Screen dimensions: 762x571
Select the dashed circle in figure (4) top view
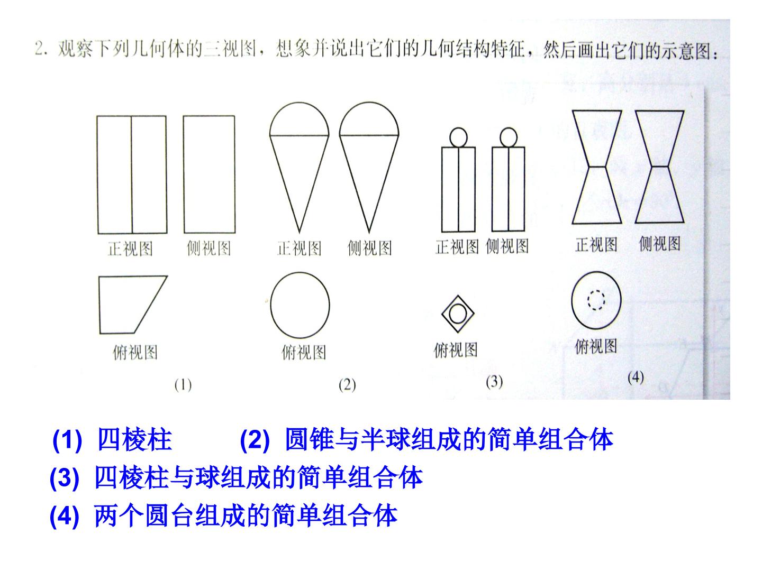[588, 300]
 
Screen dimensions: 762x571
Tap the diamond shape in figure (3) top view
[442, 314]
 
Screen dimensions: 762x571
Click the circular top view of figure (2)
[271, 305]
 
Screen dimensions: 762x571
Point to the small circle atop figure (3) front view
[450, 137]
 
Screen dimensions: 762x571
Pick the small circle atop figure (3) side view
[500, 137]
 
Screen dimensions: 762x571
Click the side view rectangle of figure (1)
[184, 174]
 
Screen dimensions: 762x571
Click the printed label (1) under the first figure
[183, 385]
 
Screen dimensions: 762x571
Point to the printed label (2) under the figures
[347, 385]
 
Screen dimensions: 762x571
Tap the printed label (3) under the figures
[494, 382]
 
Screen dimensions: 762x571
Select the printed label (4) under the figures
[636, 377]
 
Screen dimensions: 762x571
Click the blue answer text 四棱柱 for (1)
[135, 439]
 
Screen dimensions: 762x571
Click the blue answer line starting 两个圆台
[246, 516]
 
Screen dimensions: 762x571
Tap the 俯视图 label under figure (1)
[135, 353]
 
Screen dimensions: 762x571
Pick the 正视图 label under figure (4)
[596, 245]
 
